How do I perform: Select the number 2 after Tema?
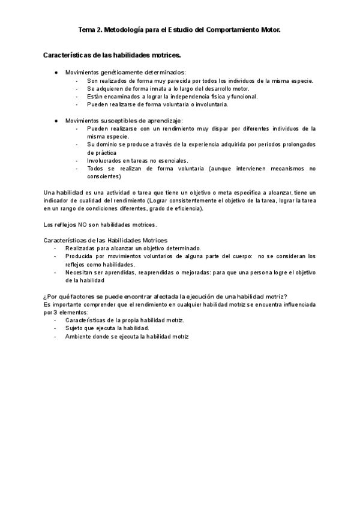(98, 28)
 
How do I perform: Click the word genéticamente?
(113, 72)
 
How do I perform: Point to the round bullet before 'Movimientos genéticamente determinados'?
(55, 72)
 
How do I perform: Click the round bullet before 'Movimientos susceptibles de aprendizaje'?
(55, 121)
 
